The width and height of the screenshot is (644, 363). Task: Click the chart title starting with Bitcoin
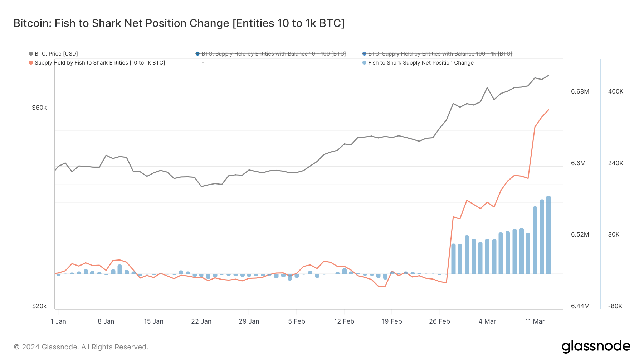point(179,23)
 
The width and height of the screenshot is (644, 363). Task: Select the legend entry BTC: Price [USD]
point(56,54)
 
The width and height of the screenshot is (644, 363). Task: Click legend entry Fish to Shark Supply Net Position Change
point(420,63)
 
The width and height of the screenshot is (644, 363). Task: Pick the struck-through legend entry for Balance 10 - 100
point(273,54)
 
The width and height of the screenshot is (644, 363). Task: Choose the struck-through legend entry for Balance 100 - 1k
point(440,54)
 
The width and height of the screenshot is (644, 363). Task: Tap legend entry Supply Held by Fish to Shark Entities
point(99,63)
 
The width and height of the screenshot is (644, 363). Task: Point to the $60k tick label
point(39,108)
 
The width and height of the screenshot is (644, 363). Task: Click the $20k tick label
point(39,306)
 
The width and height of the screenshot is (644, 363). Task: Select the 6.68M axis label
point(580,91)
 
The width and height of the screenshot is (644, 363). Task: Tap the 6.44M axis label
point(580,306)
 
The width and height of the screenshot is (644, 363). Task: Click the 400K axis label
point(615,91)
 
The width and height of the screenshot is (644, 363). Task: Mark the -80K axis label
point(615,306)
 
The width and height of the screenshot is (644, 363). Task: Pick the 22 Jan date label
point(201,321)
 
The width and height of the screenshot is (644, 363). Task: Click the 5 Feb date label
point(297,321)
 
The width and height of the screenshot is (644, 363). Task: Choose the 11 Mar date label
point(535,321)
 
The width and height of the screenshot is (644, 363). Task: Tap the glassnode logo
point(596,347)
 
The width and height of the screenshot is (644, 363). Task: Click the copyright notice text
point(81,347)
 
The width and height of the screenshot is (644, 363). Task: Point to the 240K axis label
point(615,163)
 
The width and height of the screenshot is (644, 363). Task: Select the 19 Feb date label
point(392,321)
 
